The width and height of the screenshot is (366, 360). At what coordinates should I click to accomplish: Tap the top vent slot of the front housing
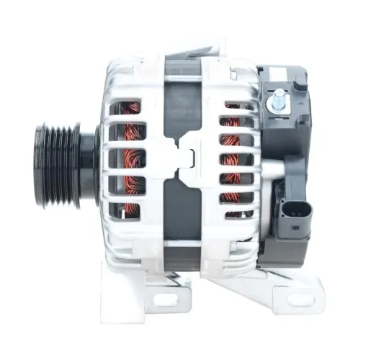[x=133, y=109]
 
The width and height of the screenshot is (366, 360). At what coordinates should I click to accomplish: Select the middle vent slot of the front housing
[x=133, y=158]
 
